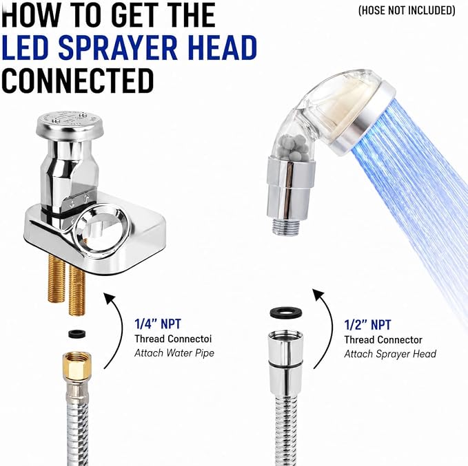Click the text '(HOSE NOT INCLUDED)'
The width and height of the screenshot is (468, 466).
(x=407, y=11)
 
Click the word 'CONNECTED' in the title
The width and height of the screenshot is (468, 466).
(x=78, y=81)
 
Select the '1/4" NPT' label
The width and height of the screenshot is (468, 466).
(x=158, y=324)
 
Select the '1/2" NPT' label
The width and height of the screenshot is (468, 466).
(x=367, y=325)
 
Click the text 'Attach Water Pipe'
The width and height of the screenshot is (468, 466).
(x=174, y=353)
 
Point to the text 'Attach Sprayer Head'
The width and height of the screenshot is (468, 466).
(x=390, y=354)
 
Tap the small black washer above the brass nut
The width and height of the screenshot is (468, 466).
(x=77, y=334)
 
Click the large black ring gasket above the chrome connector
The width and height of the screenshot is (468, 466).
(x=285, y=312)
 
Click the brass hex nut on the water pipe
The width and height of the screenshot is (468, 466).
(x=77, y=366)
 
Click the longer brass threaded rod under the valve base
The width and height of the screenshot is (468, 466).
(x=77, y=290)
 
